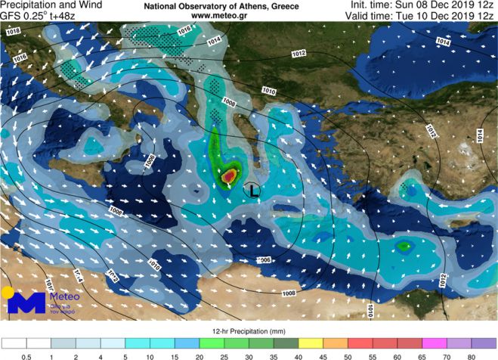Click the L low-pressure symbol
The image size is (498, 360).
point(254,191)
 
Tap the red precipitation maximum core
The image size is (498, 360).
point(228,177)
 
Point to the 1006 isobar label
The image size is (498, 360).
point(262,260)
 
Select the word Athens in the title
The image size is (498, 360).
point(229,5)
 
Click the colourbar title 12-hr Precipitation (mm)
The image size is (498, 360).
point(249,331)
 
